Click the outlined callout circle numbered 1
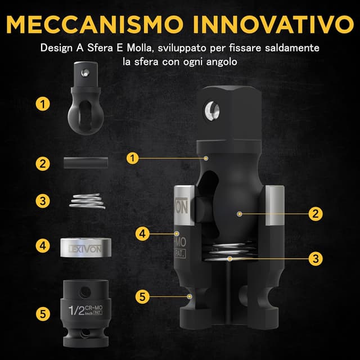pyautogui.click(x=132, y=158)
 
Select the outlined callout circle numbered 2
pyautogui.click(x=316, y=213)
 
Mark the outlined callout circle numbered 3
pyautogui.click(x=316, y=259)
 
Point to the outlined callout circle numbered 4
pyautogui.click(x=143, y=232)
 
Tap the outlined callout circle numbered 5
pyautogui.click(x=143, y=295)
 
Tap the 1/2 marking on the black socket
pyautogui.click(x=76, y=309)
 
